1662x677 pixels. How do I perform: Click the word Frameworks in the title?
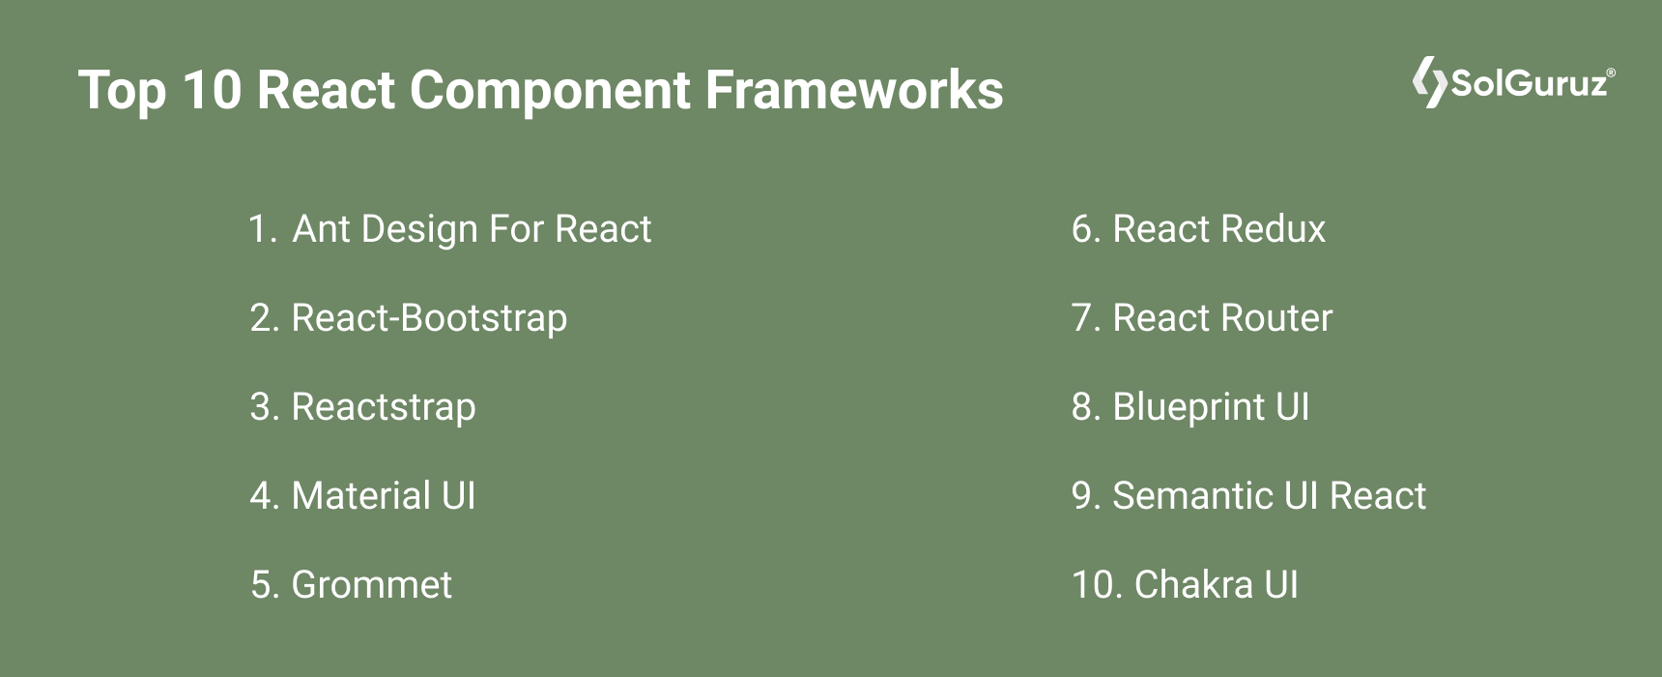(854, 91)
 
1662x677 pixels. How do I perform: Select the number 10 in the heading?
(211, 91)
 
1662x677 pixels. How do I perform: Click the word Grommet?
(371, 585)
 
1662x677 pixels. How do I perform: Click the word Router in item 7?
(1278, 318)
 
